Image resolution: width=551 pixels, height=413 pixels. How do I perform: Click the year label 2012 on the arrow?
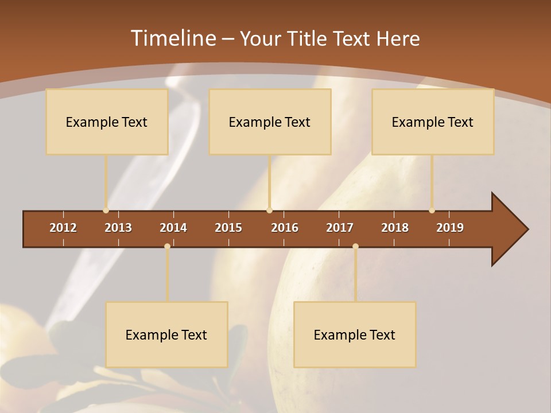63,228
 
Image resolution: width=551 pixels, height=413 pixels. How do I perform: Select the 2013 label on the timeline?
118,228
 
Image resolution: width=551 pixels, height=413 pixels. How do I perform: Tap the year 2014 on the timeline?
173,228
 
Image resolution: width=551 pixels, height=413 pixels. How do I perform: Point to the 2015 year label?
228,228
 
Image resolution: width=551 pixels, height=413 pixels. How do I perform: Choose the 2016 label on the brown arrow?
285,228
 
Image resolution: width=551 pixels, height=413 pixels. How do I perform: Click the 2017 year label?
340,228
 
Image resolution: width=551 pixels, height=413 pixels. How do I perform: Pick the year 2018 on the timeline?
395,228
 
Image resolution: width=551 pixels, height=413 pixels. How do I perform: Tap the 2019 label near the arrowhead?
450,228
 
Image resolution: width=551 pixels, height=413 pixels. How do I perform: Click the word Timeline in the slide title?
172,38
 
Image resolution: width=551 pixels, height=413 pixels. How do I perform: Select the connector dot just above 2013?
106,211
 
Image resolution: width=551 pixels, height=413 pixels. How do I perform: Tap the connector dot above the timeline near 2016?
270,211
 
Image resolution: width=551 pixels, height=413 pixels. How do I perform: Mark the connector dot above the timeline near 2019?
432,211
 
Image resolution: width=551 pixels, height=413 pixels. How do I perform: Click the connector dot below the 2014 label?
167,246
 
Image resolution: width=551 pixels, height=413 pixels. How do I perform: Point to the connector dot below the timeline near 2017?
355,246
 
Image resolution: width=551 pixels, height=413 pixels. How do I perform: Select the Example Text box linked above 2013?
107,122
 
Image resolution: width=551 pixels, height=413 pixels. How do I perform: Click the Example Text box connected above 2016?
270,122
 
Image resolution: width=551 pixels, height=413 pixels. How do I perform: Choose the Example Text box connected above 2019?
433,122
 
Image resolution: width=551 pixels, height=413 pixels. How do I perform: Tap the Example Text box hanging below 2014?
166,334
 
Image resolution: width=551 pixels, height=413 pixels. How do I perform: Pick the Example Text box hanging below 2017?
355,334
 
